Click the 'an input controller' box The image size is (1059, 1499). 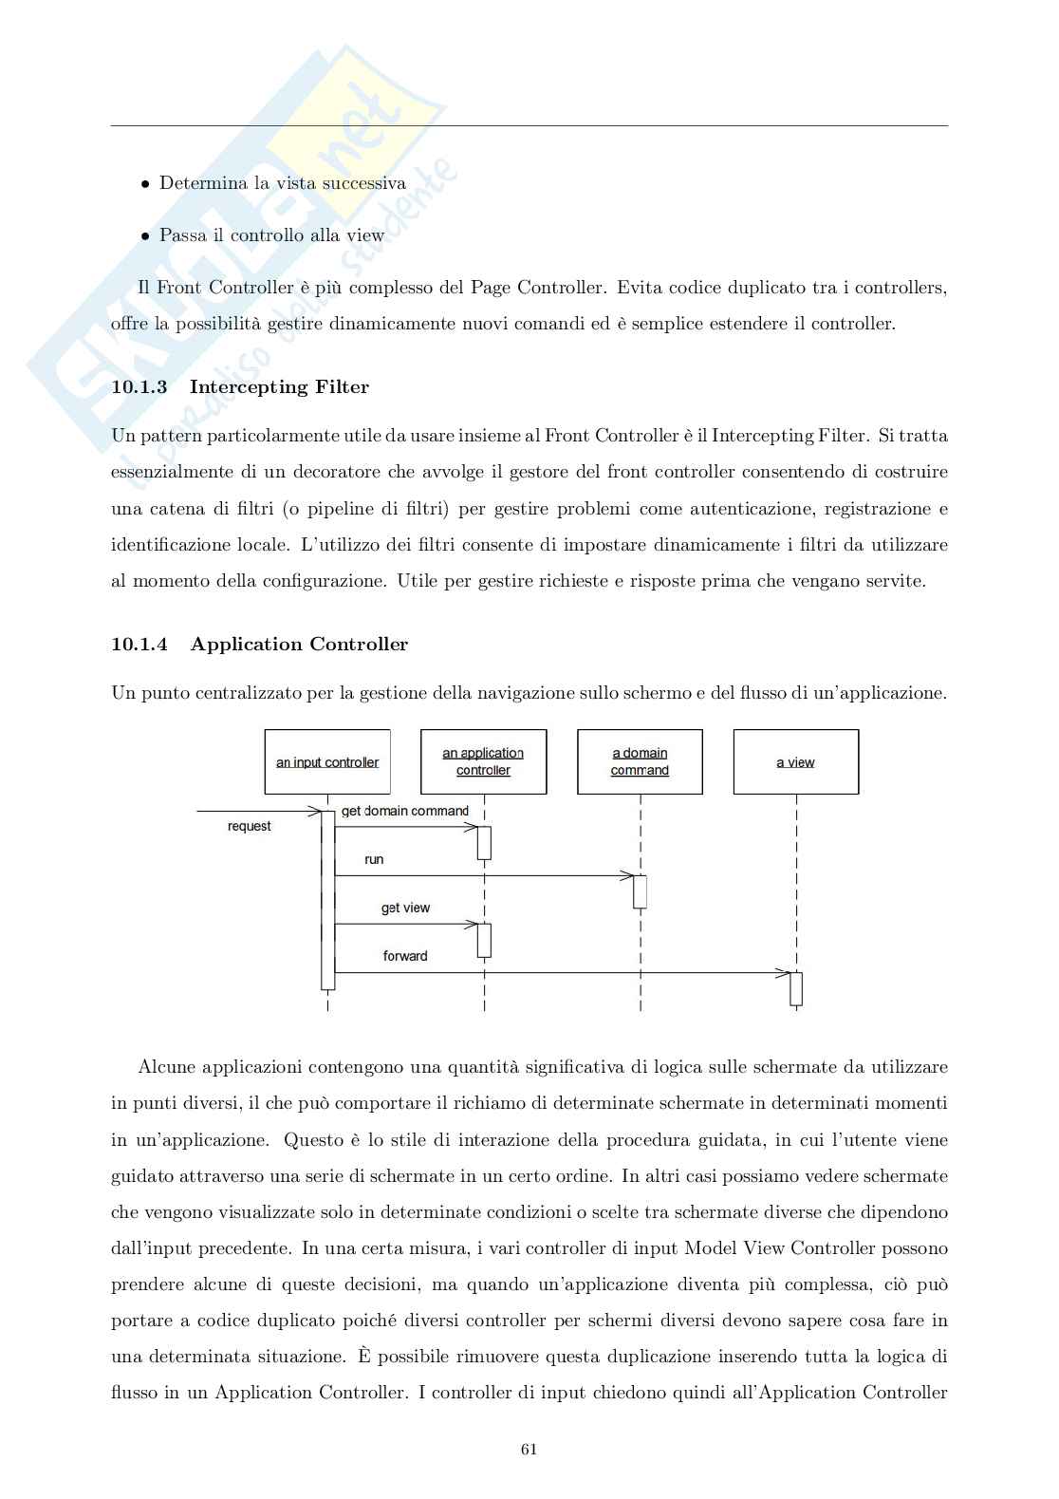coord(327,761)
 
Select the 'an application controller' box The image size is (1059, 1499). coord(483,761)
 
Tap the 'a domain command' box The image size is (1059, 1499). coord(640,761)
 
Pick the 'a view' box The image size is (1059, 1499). coord(795,761)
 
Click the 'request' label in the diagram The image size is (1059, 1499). coord(249,826)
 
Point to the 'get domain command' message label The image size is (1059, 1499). coord(405,811)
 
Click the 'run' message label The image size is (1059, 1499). coord(374,859)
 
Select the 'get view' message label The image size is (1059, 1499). coord(405,908)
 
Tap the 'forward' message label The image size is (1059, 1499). coord(405,956)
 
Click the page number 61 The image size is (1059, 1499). coord(529,1449)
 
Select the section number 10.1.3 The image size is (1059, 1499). coord(139,386)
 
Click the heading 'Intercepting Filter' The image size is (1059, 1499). coord(279,386)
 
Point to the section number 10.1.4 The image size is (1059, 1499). coord(139,644)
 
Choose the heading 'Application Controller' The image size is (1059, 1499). coord(299,644)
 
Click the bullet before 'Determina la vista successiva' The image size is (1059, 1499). coord(145,184)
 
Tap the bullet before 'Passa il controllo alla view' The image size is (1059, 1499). coord(145,236)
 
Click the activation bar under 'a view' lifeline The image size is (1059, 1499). coord(796,988)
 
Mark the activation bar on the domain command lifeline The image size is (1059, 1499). coord(641,891)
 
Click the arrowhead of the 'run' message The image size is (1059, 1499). coord(627,875)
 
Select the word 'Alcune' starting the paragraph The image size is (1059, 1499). coord(167,1067)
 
